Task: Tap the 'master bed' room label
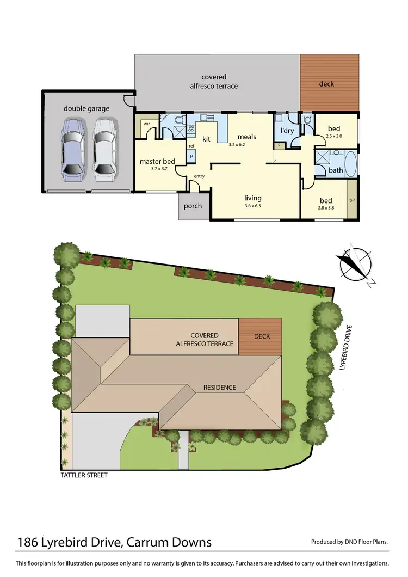157,162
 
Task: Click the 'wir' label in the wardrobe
146,124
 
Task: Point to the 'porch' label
193,206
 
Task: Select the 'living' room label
253,198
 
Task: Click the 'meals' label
246,137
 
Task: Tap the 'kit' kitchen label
206,139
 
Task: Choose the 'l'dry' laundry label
287,131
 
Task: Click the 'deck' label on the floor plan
326,84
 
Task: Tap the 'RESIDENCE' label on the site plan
220,388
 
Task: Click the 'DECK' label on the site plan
262,336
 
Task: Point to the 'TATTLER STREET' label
84,475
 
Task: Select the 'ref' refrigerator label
191,146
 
